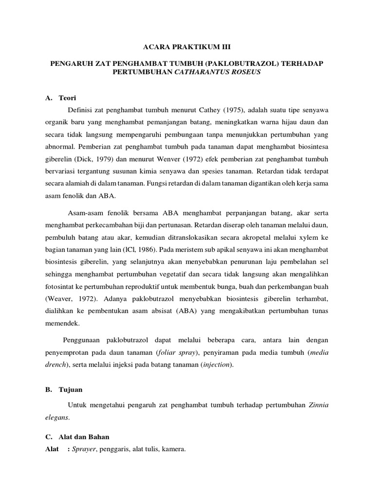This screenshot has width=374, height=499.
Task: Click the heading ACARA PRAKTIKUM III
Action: (187, 47)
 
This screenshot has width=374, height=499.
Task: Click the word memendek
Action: (60, 324)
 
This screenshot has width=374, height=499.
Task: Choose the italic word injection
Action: (216, 365)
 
